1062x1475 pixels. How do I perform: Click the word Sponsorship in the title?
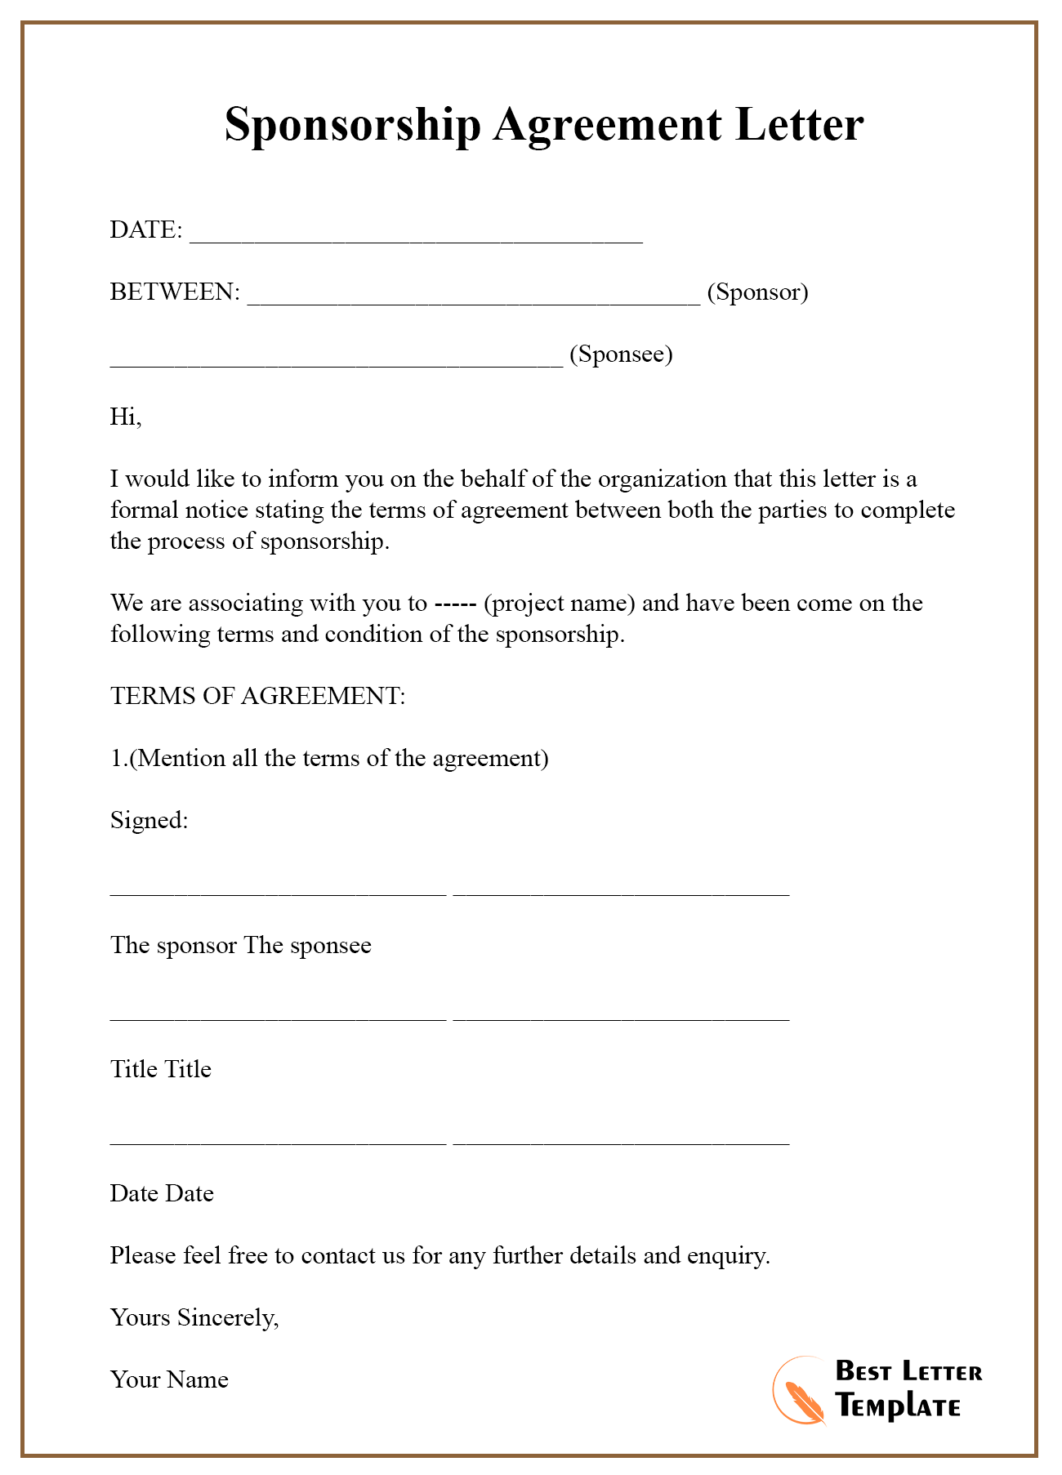[x=352, y=126]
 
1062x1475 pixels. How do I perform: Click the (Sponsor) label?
[x=757, y=292]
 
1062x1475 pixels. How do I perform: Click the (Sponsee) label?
[x=621, y=354]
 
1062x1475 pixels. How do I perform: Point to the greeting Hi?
[x=126, y=417]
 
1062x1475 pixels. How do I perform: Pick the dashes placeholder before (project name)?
[x=455, y=604]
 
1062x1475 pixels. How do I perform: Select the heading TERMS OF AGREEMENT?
[x=257, y=696]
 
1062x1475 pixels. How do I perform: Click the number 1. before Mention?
[x=119, y=759]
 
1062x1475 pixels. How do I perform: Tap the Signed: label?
[x=149, y=820]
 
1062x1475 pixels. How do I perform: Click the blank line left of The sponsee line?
[x=278, y=893]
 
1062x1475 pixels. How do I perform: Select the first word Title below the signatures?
[x=133, y=1069]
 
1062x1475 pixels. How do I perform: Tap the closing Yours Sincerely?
[x=194, y=1317]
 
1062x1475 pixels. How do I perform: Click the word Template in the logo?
[x=898, y=1406]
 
